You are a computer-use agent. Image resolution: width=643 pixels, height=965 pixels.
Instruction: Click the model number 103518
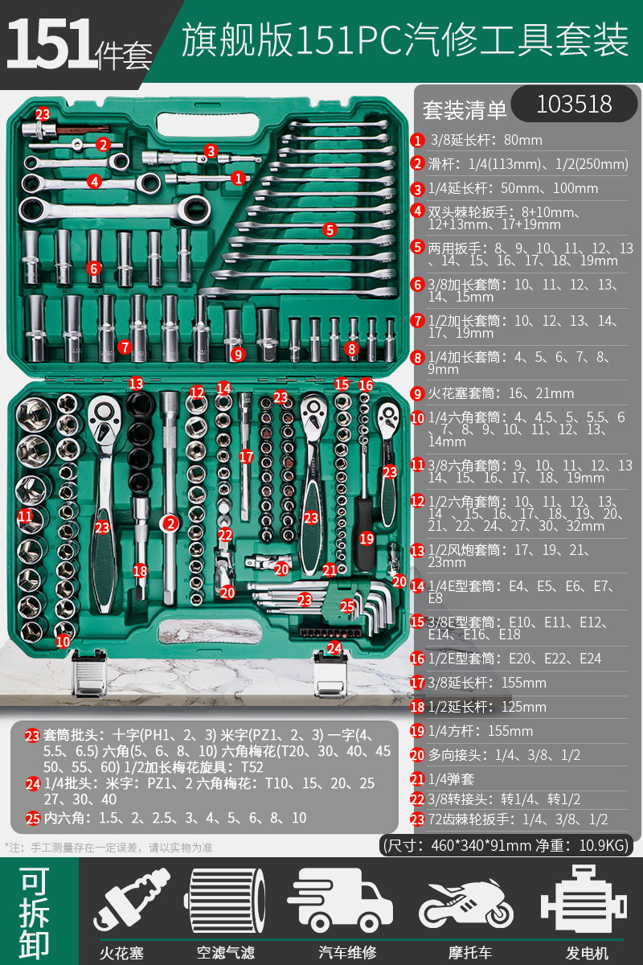click(x=574, y=104)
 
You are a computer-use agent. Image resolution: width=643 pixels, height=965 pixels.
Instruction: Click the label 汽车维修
click(x=347, y=953)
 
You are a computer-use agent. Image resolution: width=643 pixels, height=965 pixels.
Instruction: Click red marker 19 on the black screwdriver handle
click(x=367, y=539)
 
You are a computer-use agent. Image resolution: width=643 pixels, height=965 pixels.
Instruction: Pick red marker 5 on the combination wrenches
click(x=330, y=229)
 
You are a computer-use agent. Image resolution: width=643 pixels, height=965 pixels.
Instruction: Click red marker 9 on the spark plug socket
click(x=237, y=353)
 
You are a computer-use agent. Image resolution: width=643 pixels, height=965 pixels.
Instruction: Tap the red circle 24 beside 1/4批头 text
click(x=32, y=783)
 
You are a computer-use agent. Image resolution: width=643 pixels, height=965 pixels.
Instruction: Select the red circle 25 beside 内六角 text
click(x=32, y=818)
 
